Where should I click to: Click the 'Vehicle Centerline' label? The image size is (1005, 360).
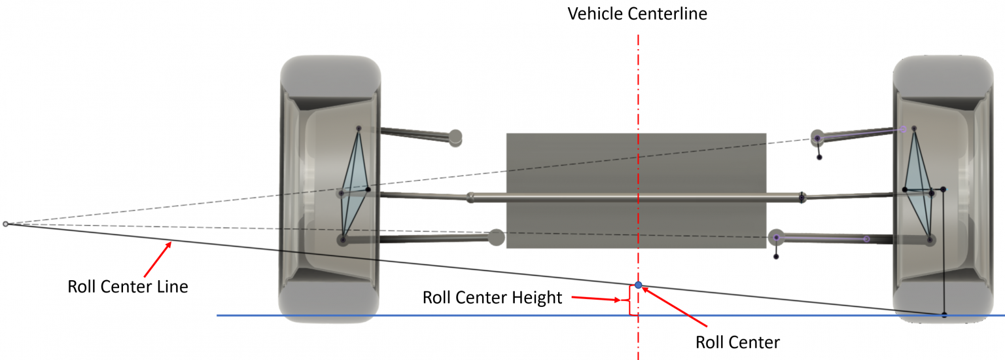pyautogui.click(x=637, y=14)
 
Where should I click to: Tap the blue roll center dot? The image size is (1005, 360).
pyautogui.click(x=639, y=285)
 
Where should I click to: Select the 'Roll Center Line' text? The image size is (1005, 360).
pyautogui.click(x=128, y=286)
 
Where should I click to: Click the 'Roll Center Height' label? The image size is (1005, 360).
pyautogui.click(x=492, y=298)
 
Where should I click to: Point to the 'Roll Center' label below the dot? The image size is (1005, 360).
pyautogui.click(x=737, y=342)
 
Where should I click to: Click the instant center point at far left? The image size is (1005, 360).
pyautogui.click(x=6, y=224)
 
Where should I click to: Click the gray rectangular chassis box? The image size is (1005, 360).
pyautogui.click(x=636, y=164)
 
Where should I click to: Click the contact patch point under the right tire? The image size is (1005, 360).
pyautogui.click(x=944, y=315)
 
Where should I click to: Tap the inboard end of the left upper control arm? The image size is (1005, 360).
pyautogui.click(x=455, y=137)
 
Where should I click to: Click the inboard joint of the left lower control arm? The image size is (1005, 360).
pyautogui.click(x=496, y=237)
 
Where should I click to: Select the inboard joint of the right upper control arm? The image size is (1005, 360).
pyautogui.click(x=817, y=137)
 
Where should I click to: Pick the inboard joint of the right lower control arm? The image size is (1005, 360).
pyautogui.click(x=776, y=237)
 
